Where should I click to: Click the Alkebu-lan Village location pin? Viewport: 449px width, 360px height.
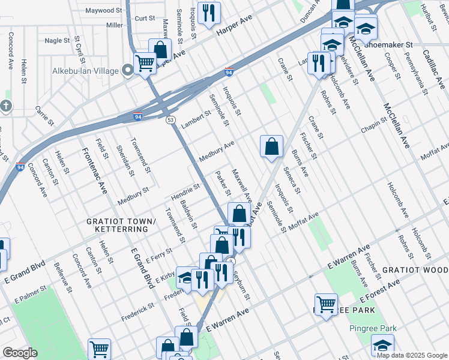(128, 71)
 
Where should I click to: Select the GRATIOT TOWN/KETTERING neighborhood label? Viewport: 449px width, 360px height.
(121, 225)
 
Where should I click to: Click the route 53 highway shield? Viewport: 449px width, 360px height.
(170, 120)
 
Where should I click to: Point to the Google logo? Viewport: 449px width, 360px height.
(20, 353)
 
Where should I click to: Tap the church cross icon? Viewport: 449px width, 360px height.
(5, 106)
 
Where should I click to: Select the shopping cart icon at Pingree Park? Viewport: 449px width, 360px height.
(326, 304)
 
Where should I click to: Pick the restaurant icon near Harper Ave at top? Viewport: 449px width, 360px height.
(209, 13)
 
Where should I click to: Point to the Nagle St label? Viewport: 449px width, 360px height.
(57, 40)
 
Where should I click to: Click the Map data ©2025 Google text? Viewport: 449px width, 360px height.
(411, 355)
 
